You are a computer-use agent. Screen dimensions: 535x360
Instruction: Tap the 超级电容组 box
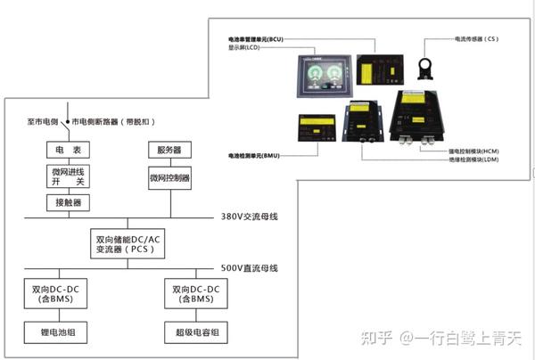(194, 334)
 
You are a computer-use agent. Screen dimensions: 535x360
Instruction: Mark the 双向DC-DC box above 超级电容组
(194, 295)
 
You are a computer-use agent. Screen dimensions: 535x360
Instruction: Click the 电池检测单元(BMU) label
(256, 155)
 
